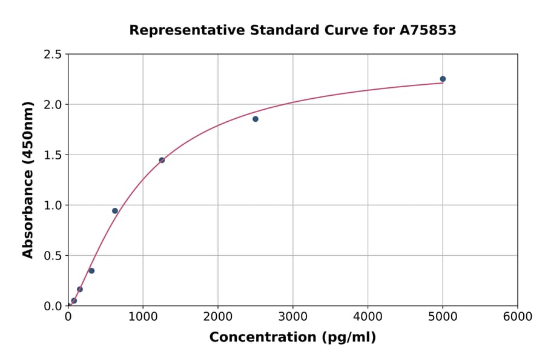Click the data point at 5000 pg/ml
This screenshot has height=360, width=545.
click(443, 79)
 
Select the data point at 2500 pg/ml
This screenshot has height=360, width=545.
click(256, 119)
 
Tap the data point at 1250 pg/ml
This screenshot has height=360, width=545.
click(162, 160)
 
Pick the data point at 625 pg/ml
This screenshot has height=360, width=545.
click(115, 211)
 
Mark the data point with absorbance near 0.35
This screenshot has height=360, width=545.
click(91, 271)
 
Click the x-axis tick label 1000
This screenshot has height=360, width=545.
click(143, 317)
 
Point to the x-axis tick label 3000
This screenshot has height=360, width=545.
click(292, 317)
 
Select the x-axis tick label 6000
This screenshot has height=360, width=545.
click(517, 317)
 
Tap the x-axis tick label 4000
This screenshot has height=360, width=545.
click(368, 317)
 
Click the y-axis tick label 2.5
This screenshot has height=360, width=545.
click(53, 55)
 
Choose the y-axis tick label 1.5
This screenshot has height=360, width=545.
click(53, 155)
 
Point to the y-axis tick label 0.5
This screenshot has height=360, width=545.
click(53, 256)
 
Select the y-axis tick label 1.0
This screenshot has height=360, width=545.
click(53, 205)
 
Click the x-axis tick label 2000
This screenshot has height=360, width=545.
click(218, 317)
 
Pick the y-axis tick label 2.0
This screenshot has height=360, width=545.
click(53, 105)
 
